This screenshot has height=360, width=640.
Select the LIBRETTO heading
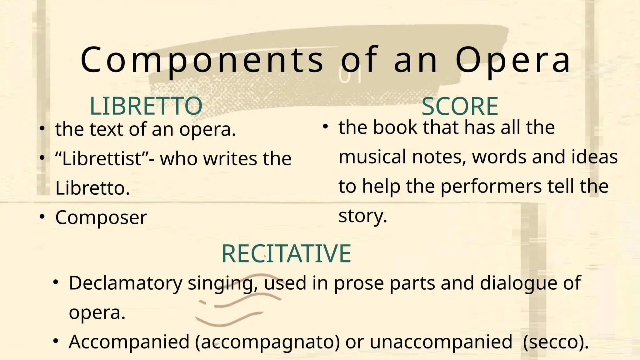pos(146,106)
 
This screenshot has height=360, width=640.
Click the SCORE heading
pos(460,107)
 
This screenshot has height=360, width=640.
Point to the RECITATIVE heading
pos(286,253)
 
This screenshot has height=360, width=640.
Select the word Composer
pos(101,217)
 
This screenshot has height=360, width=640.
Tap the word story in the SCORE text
pos(363,216)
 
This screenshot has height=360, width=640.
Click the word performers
pos(491,186)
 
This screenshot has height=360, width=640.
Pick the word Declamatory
pos(125,283)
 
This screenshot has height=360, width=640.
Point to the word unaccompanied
pos(441,342)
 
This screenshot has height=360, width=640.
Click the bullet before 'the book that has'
pos(325,126)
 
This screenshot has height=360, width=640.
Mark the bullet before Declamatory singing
pos(56,282)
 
